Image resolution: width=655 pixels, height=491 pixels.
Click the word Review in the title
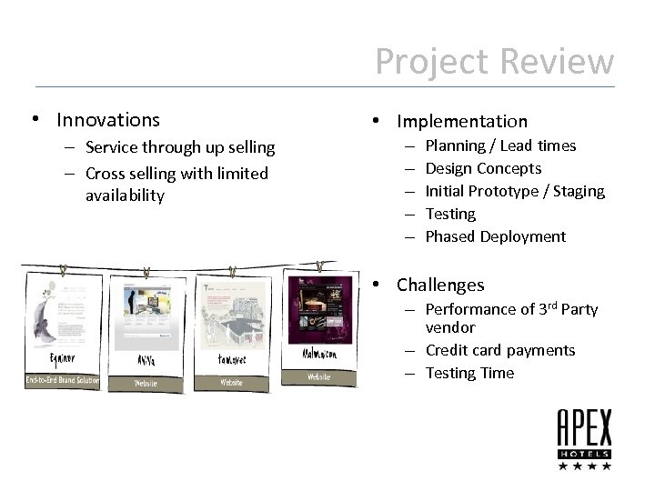[558, 62]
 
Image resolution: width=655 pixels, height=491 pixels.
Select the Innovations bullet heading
[107, 120]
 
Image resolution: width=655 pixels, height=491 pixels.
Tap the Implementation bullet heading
[461, 121]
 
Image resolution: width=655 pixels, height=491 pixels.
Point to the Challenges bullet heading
[440, 286]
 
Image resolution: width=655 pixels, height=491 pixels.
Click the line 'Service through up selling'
[179, 147]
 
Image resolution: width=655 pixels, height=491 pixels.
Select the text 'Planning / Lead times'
[500, 145]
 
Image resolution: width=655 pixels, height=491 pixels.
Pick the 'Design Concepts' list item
[483, 168]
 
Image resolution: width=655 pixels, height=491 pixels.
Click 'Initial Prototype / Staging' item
[515, 191]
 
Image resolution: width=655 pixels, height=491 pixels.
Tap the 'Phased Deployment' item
[495, 236]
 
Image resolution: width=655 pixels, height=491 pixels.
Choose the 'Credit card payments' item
[500, 350]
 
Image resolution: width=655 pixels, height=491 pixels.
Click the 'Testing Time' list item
[469, 373]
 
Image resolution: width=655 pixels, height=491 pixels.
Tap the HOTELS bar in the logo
[584, 453]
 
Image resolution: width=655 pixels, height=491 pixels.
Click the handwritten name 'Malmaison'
[319, 353]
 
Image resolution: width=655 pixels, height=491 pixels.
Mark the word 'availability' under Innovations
[126, 195]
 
